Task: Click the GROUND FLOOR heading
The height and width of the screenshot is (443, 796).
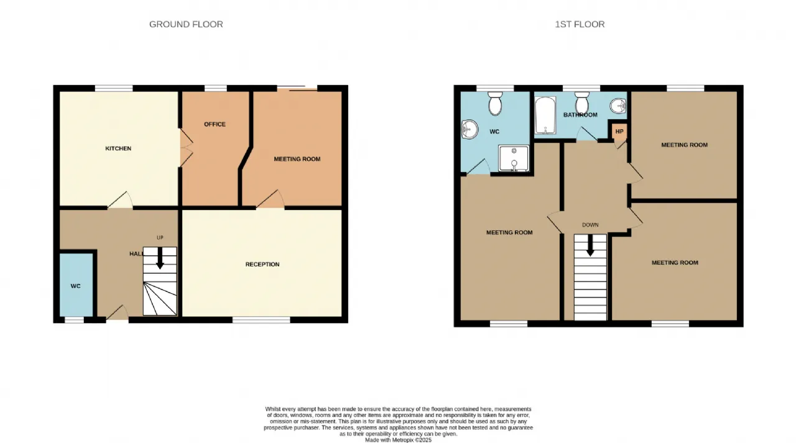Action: click(186, 24)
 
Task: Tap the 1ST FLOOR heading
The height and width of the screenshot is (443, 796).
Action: click(580, 24)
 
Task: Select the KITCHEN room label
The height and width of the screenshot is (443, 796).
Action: click(118, 148)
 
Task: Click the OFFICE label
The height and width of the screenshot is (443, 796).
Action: click(215, 124)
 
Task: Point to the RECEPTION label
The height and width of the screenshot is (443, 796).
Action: click(262, 265)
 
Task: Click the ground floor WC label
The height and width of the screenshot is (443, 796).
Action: click(75, 286)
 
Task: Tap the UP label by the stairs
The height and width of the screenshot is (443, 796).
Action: click(160, 237)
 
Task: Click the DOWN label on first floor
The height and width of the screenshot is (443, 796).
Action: click(590, 225)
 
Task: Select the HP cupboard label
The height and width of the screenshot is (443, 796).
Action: click(619, 131)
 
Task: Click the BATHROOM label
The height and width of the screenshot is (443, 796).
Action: click(580, 115)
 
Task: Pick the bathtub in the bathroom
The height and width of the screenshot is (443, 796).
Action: click(545, 116)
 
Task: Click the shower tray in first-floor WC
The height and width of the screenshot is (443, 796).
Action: click(514, 158)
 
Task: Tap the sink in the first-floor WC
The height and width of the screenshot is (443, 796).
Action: click(470, 129)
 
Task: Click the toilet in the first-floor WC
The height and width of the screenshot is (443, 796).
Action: click(495, 103)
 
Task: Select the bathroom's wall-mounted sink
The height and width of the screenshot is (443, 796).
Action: click(618, 106)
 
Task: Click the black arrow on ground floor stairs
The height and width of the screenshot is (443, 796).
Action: click(160, 258)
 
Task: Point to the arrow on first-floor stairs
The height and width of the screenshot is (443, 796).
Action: click(590, 245)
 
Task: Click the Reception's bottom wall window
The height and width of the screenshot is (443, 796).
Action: click(261, 320)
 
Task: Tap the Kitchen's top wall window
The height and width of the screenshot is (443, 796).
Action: click(114, 88)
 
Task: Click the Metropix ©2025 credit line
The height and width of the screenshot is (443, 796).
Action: click(399, 440)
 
